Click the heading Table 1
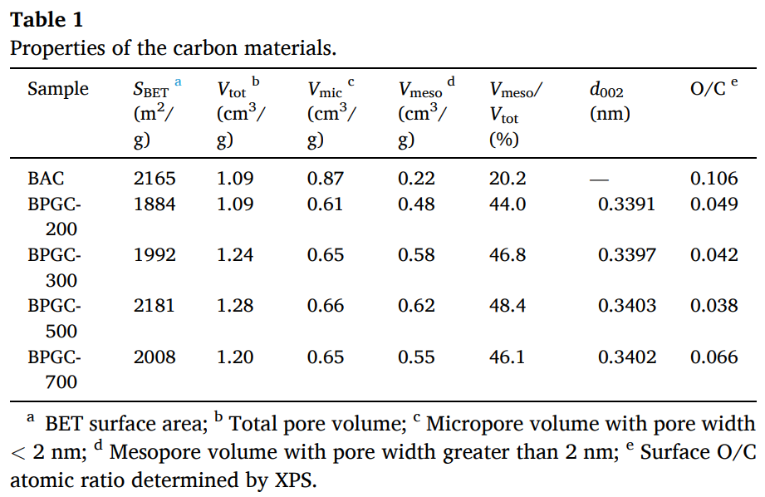click(47, 19)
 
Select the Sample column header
click(57, 89)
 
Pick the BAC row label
click(46, 178)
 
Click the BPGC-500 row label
click(54, 317)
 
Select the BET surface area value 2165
click(154, 178)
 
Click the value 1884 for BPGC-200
click(154, 204)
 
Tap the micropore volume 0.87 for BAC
click(326, 178)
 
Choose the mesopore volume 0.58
click(416, 255)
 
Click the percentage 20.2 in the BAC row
click(508, 178)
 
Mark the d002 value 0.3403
click(626, 306)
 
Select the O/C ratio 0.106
click(714, 178)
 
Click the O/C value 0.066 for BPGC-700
click(714, 357)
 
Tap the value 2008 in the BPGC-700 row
click(154, 357)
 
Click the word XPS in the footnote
click(295, 480)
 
